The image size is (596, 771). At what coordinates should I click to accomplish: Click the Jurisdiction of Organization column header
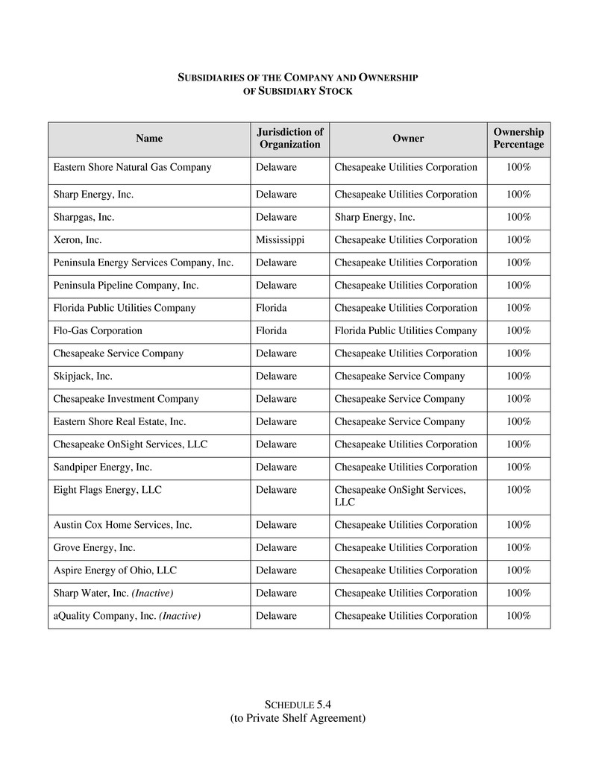289,138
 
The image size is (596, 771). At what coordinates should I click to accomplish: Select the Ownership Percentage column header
518,138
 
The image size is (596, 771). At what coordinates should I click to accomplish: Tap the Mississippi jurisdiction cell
280,240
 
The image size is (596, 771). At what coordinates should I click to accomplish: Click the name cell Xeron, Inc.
78,240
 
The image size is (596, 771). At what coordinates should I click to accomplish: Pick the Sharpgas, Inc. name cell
84,217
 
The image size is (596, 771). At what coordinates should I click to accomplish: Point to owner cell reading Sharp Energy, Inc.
374,217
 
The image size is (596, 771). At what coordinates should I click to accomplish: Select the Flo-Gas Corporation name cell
98,330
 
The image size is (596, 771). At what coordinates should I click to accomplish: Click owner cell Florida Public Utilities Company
406,330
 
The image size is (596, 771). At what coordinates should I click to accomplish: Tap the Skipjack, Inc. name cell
83,376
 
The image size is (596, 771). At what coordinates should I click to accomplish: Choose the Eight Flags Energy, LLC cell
107,490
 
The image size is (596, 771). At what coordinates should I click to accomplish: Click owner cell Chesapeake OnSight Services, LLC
400,496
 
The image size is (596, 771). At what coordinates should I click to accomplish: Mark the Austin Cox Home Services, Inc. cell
122,525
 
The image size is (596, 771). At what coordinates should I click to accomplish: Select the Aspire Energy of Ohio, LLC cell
115,570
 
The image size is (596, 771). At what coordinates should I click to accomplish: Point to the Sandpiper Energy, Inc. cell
102,467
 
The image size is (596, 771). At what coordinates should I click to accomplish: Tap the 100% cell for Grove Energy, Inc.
518,547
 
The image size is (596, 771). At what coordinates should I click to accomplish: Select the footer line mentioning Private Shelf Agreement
298,718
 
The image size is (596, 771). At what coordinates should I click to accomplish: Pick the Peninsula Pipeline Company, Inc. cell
126,286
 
